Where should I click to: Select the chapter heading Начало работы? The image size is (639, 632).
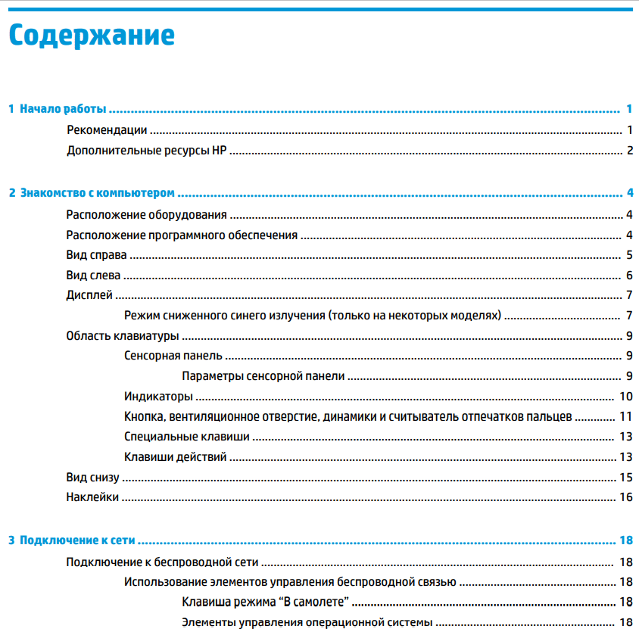tap(63, 110)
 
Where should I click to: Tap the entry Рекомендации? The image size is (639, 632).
tap(107, 130)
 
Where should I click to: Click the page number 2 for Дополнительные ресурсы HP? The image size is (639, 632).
tap(629, 150)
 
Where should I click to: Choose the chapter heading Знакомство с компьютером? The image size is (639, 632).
tap(97, 193)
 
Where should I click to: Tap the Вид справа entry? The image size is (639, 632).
tap(96, 254)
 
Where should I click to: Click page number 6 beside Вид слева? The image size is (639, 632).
tap(629, 275)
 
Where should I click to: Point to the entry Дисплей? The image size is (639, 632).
tap(89, 295)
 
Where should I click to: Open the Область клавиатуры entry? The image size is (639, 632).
tap(122, 335)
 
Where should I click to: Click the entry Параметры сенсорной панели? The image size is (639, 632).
tap(263, 375)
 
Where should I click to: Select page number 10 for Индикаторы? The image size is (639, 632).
tap(625, 396)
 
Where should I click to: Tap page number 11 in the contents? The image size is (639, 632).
tap(625, 416)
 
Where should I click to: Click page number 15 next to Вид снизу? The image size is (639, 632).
tap(625, 477)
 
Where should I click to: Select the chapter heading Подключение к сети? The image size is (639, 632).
tap(77, 540)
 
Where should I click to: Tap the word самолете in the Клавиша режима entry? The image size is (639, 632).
tap(321, 602)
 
